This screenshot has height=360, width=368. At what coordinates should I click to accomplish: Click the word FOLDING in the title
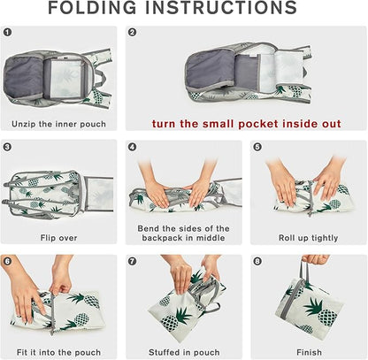92,8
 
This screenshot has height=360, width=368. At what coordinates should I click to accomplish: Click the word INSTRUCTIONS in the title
221,8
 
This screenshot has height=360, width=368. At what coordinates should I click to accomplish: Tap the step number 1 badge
8,32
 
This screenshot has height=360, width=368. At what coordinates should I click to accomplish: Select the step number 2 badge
133,32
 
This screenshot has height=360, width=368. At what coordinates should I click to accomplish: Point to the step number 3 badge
8,147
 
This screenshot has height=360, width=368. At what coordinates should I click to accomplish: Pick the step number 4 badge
133,147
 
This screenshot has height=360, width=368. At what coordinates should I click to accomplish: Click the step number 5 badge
257,147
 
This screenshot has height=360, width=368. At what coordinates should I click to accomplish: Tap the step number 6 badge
8,261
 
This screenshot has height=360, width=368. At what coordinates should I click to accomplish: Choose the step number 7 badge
133,261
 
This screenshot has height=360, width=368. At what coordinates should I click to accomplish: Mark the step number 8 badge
257,261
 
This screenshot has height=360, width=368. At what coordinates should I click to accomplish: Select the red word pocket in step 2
258,124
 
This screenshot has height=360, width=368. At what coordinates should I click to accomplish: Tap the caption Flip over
58,238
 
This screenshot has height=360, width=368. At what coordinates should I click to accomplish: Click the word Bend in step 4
148,228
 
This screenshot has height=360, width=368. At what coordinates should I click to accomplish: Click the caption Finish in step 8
309,352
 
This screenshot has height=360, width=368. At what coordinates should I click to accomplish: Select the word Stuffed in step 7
164,352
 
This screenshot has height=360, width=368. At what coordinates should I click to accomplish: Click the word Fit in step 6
22,352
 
